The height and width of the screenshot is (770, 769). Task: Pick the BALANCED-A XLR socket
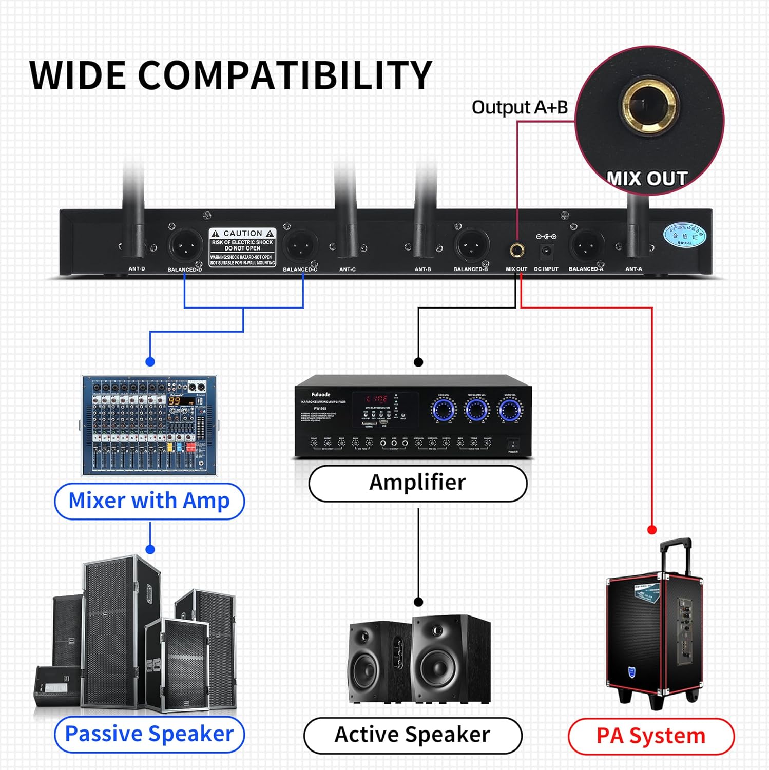pyautogui.click(x=586, y=246)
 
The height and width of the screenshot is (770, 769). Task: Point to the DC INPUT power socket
pyautogui.click(x=546, y=251)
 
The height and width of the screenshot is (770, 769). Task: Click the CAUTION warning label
pyautogui.click(x=242, y=247)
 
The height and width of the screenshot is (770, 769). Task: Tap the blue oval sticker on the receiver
pyautogui.click(x=684, y=236)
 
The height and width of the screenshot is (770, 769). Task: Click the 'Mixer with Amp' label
pyautogui.click(x=149, y=501)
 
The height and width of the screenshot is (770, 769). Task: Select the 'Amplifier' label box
pyautogui.click(x=417, y=483)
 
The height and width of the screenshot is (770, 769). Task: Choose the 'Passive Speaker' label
pyautogui.click(x=149, y=734)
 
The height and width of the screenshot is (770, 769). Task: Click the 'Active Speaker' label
pyautogui.click(x=412, y=735)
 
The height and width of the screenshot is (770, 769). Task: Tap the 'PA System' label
pyautogui.click(x=651, y=736)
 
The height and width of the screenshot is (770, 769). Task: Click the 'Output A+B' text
pyautogui.click(x=520, y=107)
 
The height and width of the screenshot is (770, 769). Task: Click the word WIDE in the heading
pyautogui.click(x=77, y=75)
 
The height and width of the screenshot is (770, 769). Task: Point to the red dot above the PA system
pyautogui.click(x=652, y=529)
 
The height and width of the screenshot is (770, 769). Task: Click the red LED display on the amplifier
pyautogui.click(x=377, y=399)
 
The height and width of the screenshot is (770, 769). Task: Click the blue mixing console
pyautogui.click(x=149, y=426)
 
